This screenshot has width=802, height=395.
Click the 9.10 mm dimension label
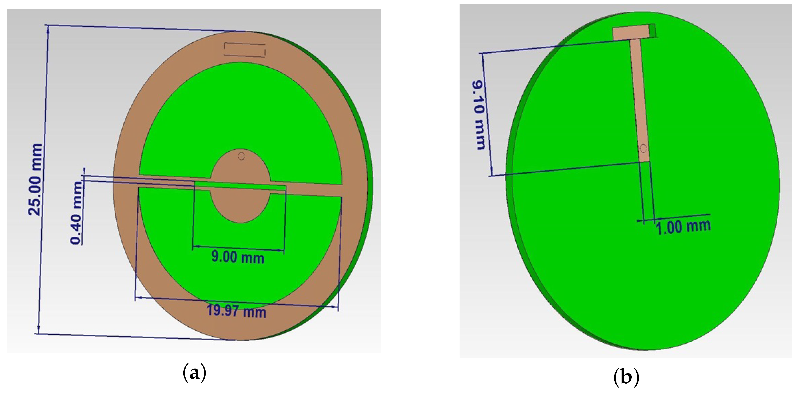pos(480,115)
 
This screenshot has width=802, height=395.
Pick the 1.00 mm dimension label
pos(683,227)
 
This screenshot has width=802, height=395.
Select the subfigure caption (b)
pos(626,377)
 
